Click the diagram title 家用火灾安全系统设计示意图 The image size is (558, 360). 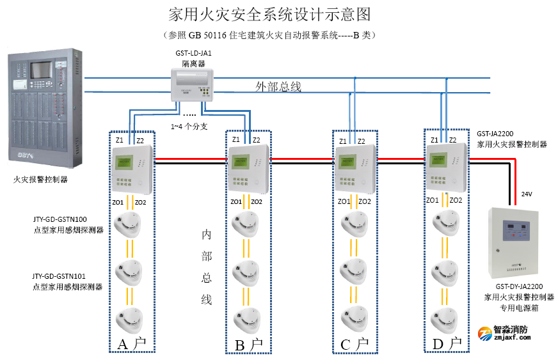[x=269, y=14]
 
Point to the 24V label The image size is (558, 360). [x=527, y=194]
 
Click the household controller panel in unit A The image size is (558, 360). [x=132, y=169]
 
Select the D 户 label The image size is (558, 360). [x=447, y=344]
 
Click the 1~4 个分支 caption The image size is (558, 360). [x=189, y=126]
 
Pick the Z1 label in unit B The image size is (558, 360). [x=236, y=139]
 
